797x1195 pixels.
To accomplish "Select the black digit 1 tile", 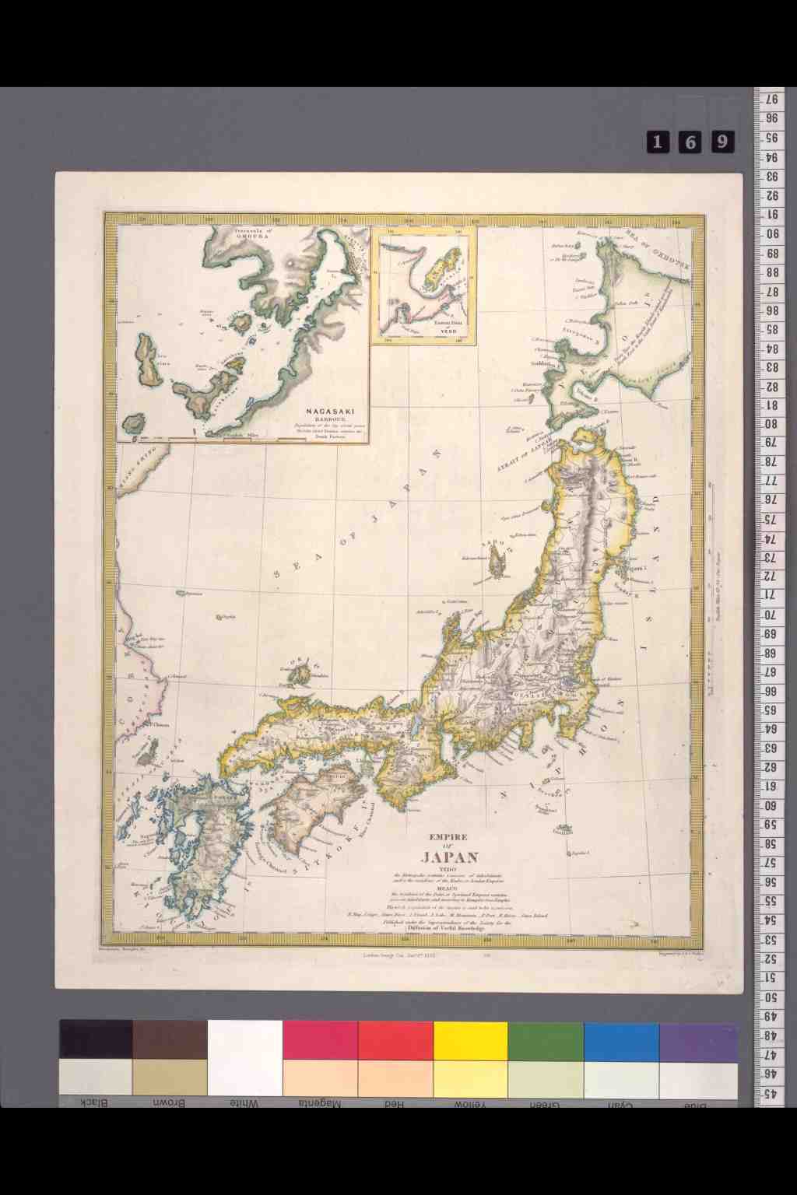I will click(x=658, y=141).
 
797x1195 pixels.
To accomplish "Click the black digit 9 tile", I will click(x=723, y=141).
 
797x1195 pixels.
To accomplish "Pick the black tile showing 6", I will click(x=690, y=141).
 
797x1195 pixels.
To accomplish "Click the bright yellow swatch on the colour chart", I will click(x=470, y=1040).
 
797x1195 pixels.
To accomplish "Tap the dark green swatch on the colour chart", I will click(x=546, y=1040).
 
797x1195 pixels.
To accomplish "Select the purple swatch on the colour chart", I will click(x=697, y=1040).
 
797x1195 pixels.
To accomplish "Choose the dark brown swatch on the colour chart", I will click(x=170, y=1040).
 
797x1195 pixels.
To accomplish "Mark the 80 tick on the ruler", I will click(x=769, y=425).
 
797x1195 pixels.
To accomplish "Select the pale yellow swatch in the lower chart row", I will click(x=470, y=1078).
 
